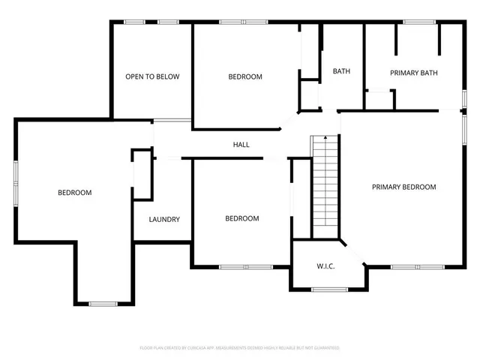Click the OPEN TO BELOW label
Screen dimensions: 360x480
152,76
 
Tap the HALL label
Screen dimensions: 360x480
241,145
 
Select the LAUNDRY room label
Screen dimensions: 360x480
164,220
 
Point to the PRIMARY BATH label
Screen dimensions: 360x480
413,73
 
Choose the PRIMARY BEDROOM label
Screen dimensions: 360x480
403,187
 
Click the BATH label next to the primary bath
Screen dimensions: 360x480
341,72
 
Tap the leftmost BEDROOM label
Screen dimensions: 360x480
75,193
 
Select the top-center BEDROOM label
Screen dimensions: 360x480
245,76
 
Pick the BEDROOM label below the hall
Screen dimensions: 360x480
242,219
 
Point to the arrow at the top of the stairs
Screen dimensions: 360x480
325,138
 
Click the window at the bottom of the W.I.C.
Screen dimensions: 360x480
329,289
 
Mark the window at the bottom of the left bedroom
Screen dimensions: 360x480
103,303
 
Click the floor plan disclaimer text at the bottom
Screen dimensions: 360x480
240,348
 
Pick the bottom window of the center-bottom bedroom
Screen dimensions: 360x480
246,266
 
